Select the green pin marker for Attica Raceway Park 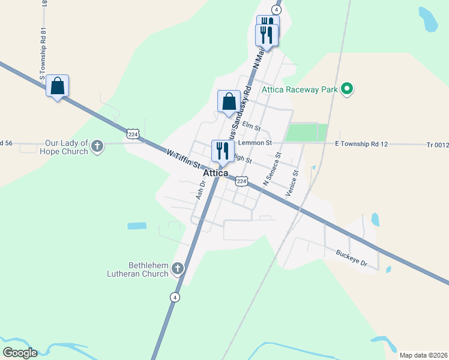[x=346, y=89]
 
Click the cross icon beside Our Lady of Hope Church [x=97, y=145]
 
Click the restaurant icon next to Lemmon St [x=222, y=151]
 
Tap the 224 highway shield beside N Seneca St [x=241, y=180]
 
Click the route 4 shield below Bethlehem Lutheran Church [x=174, y=297]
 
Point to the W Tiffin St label [x=183, y=161]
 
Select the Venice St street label [x=292, y=184]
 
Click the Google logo [x=20, y=353]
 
